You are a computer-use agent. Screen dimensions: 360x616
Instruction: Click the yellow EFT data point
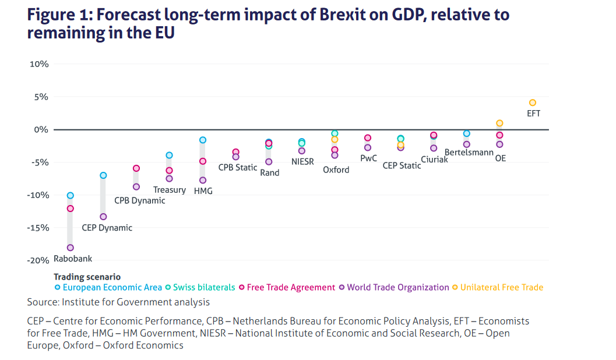click(x=532, y=103)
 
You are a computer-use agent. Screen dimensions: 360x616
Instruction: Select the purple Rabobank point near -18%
click(x=71, y=248)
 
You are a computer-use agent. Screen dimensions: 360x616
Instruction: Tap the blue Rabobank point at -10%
click(x=71, y=195)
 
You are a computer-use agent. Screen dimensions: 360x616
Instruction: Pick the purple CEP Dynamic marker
click(x=103, y=217)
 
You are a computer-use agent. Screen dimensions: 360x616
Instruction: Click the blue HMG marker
click(x=203, y=140)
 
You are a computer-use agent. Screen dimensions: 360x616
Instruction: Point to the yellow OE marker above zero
click(x=499, y=123)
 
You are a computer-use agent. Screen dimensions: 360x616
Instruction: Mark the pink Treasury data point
click(x=169, y=170)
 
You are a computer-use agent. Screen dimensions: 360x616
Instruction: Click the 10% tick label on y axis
click(x=39, y=63)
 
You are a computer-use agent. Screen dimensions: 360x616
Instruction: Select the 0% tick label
click(x=41, y=129)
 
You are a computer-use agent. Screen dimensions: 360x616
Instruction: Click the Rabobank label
click(x=73, y=259)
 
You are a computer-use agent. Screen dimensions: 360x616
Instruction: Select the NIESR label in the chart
click(x=302, y=161)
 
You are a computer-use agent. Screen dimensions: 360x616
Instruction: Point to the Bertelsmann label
click(x=469, y=153)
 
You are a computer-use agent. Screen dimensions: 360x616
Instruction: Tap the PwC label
click(x=368, y=158)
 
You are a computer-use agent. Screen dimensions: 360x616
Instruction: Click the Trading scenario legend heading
click(x=87, y=277)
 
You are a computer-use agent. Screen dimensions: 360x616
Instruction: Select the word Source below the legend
click(x=42, y=302)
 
